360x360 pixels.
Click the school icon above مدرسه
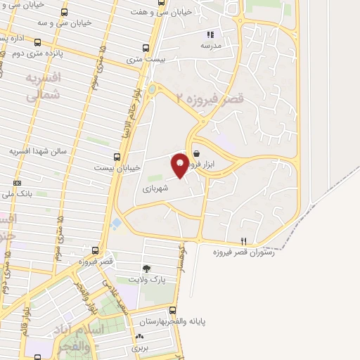pos(210,33)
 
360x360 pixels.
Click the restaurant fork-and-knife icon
pos(243,240)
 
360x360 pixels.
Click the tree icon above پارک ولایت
pos(146,269)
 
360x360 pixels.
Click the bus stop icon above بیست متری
pos(146,49)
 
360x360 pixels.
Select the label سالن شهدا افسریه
pos(37,151)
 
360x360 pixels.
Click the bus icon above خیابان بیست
pos(117,157)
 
